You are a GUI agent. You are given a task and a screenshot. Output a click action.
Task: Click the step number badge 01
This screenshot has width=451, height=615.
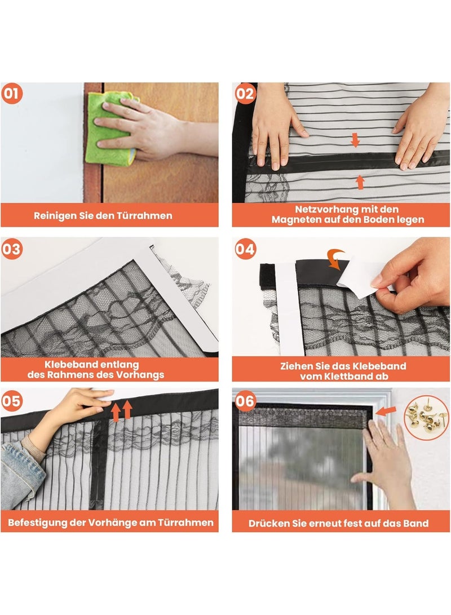[x=12, y=94]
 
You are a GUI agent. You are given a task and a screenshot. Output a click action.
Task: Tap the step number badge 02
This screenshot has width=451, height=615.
[x=245, y=94]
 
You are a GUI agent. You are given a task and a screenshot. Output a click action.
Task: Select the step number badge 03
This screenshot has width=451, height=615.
[x=12, y=249]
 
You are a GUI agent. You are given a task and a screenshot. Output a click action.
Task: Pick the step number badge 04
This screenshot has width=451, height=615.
[x=245, y=249]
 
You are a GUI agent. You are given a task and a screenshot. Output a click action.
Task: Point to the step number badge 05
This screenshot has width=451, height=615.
[x=12, y=402]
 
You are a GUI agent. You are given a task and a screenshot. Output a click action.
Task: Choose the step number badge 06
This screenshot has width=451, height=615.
[x=245, y=402]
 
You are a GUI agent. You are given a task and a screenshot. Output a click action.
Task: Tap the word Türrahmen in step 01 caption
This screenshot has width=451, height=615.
[x=146, y=215]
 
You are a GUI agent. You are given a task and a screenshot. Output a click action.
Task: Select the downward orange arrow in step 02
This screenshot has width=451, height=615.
[x=355, y=140]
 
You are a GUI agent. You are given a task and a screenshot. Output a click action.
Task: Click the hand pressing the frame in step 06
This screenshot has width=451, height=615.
[x=383, y=457]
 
